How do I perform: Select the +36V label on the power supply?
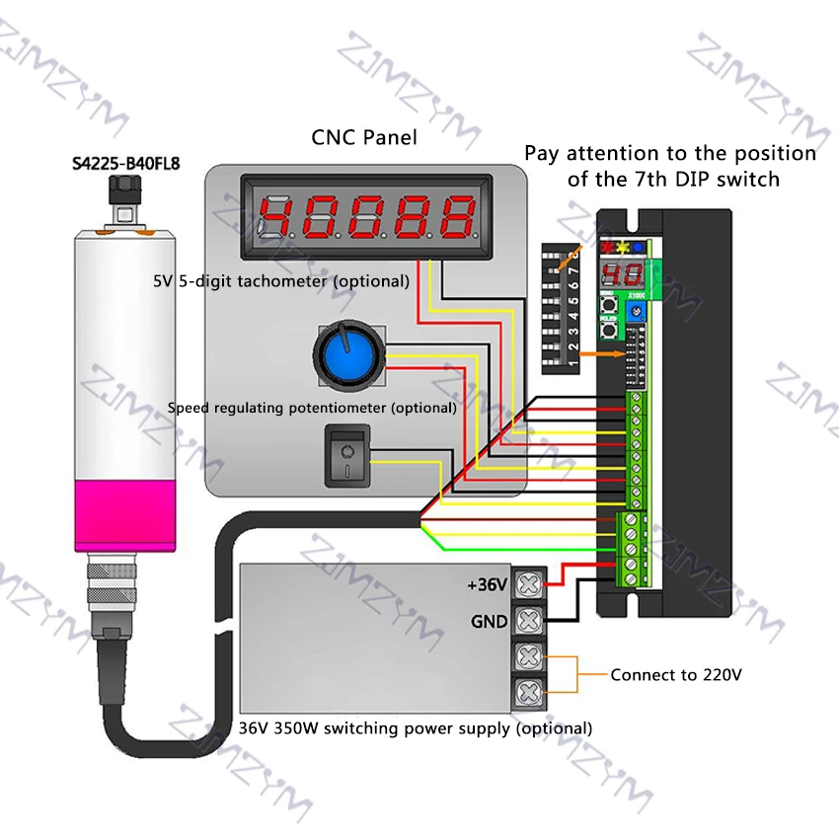487,585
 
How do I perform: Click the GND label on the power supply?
490,621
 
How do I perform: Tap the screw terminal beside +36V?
530,584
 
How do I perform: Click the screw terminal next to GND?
530,621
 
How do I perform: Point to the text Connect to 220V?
675,675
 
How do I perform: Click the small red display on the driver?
614,275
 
